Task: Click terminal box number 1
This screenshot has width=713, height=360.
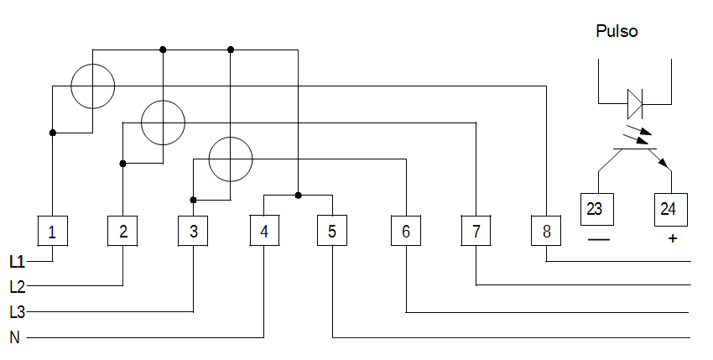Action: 52,232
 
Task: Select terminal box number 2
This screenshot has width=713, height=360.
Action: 122,232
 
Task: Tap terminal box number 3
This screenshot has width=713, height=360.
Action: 193,232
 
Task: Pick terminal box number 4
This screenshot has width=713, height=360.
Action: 264,230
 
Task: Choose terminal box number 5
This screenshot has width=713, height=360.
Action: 332,230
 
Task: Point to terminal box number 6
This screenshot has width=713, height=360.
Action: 406,230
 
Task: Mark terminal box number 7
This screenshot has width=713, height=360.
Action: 476,230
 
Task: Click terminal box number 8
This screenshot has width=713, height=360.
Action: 546,230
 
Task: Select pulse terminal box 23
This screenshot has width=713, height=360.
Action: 597,209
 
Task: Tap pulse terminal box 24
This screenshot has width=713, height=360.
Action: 671,209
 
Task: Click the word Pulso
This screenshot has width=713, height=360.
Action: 617,31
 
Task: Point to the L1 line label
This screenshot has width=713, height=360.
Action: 18,262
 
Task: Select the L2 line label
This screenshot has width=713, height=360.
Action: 18,287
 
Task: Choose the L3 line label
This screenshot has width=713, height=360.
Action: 18,312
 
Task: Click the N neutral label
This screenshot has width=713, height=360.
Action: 14,337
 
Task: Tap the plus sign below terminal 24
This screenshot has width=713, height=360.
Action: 673,238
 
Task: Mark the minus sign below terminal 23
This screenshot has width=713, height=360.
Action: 598,239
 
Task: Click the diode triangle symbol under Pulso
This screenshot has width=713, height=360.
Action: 635,104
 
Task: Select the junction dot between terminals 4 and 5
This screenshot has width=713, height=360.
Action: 299,196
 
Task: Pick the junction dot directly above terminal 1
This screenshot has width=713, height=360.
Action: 53,133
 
